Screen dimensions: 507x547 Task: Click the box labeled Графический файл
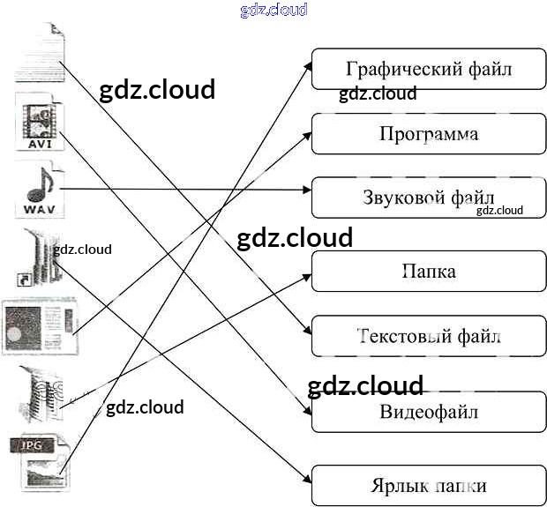coord(429,69)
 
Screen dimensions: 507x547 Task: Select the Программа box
coord(429,134)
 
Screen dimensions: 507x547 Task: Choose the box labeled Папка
coord(429,271)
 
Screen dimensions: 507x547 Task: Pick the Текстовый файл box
coord(429,336)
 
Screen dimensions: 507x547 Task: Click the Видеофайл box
coord(429,411)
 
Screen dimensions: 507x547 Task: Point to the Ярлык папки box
coord(429,486)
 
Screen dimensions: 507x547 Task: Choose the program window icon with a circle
coord(39,328)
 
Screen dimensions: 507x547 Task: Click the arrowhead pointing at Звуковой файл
coord(307,189)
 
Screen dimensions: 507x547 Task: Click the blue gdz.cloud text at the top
coord(273,10)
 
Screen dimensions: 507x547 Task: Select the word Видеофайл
coord(429,411)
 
